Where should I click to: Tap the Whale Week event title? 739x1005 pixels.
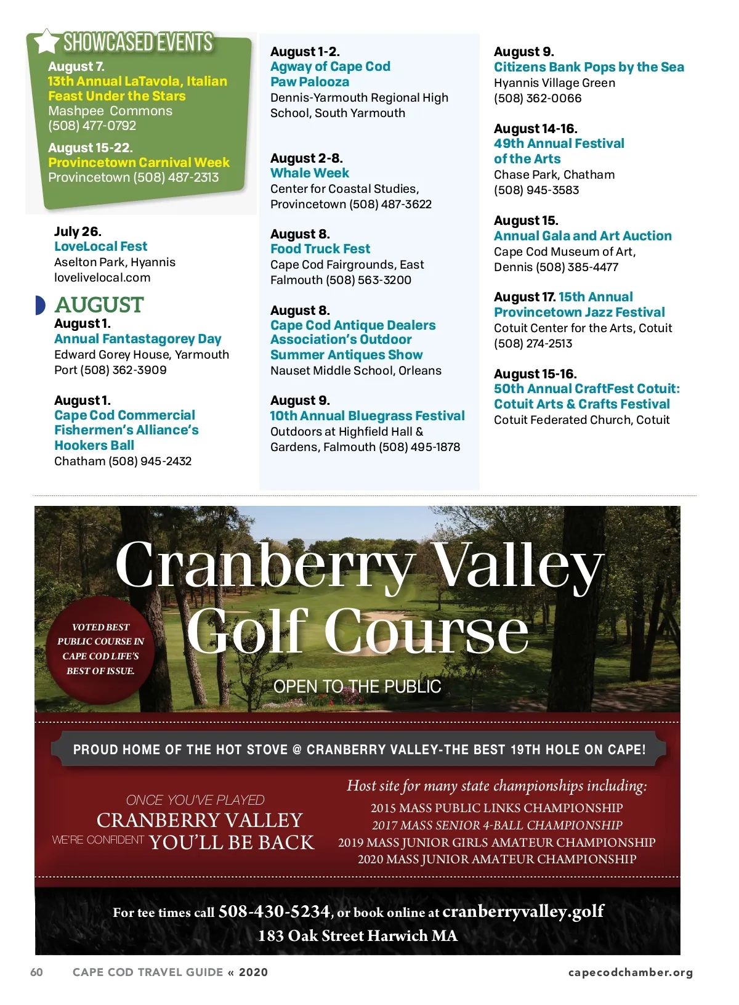pyautogui.click(x=310, y=173)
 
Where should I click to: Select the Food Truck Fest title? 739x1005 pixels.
pyautogui.click(x=320, y=249)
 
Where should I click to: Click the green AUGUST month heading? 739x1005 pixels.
pyautogui.click(x=99, y=305)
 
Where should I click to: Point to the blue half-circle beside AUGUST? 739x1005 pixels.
pyautogui.click(x=40, y=305)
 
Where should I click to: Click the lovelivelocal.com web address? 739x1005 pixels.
pyautogui.click(x=102, y=278)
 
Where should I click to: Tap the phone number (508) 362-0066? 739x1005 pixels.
pyautogui.click(x=538, y=99)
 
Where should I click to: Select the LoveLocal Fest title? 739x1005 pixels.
pyautogui.click(x=100, y=246)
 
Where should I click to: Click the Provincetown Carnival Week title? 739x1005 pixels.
pyautogui.click(x=139, y=163)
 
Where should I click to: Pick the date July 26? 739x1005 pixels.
pyautogui.click(x=78, y=232)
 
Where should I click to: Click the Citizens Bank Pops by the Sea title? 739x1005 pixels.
pyautogui.click(x=589, y=67)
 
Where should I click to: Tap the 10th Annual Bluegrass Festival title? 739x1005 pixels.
pyautogui.click(x=367, y=416)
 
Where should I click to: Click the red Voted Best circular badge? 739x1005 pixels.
pyautogui.click(x=100, y=649)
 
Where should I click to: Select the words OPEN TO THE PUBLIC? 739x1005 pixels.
pyautogui.click(x=357, y=687)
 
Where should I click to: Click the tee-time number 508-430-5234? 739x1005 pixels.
pyautogui.click(x=274, y=911)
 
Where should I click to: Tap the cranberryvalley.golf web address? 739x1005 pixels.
pyautogui.click(x=523, y=911)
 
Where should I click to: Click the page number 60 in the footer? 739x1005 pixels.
pyautogui.click(x=37, y=972)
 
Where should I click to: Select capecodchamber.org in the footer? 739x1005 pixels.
pyautogui.click(x=630, y=972)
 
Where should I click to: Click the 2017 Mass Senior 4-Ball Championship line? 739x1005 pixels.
pyautogui.click(x=497, y=825)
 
